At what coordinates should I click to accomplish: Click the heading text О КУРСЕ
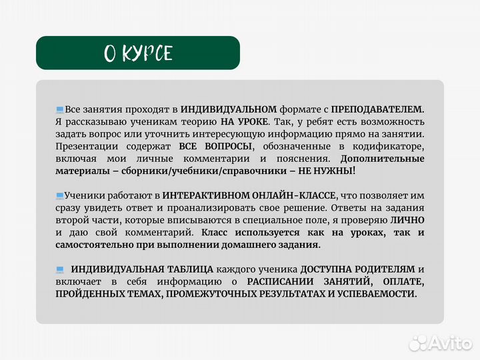tap(138, 53)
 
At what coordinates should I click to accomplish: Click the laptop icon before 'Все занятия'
tap(60, 109)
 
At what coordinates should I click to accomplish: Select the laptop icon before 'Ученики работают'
tap(60, 196)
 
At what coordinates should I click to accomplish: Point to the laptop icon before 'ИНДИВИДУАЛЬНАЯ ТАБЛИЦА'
tap(60, 269)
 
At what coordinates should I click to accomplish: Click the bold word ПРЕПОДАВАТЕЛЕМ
tap(377, 109)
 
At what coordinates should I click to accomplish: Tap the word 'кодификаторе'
tap(393, 146)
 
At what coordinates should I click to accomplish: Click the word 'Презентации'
tap(85, 146)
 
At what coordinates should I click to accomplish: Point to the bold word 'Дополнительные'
tap(382, 159)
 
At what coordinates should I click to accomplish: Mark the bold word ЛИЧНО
tap(407, 220)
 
